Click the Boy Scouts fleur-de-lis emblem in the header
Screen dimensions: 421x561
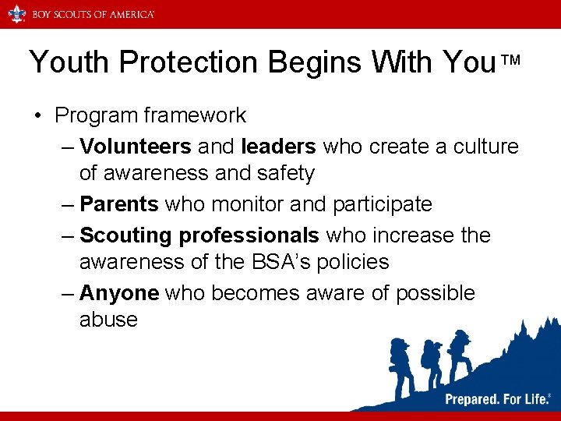[x=16, y=13]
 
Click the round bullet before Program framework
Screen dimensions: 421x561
[x=37, y=116]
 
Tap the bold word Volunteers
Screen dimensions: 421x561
[x=136, y=146]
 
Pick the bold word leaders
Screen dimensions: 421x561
[x=279, y=146]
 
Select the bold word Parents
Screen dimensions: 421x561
[x=119, y=204]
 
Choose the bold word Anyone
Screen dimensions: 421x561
[x=119, y=292]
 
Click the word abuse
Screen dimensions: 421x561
[x=108, y=320]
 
